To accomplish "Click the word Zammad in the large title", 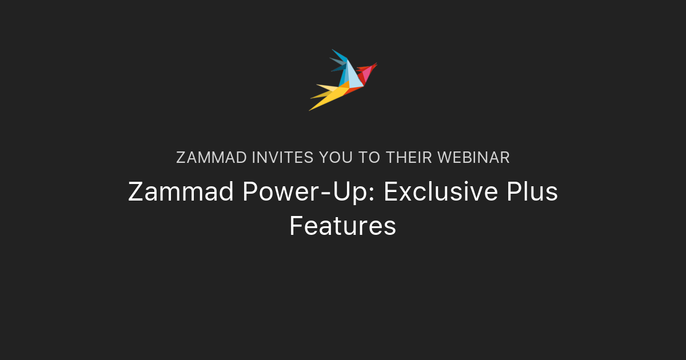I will pyautogui.click(x=181, y=192).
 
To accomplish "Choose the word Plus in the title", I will pyautogui.click(x=532, y=192).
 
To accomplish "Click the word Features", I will pyautogui.click(x=342, y=226).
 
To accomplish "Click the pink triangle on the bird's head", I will pyautogui.click(x=366, y=74).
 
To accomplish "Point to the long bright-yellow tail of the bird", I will pyautogui.click(x=330, y=98).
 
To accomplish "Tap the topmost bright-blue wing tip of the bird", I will pyautogui.click(x=338, y=54).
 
